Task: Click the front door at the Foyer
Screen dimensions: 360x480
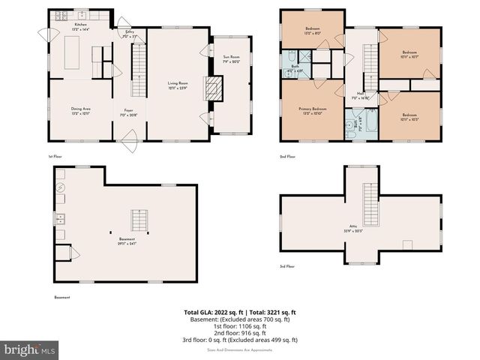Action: pyautogui.click(x=129, y=137)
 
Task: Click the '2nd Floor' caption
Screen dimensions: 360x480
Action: pyautogui.click(x=287, y=157)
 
